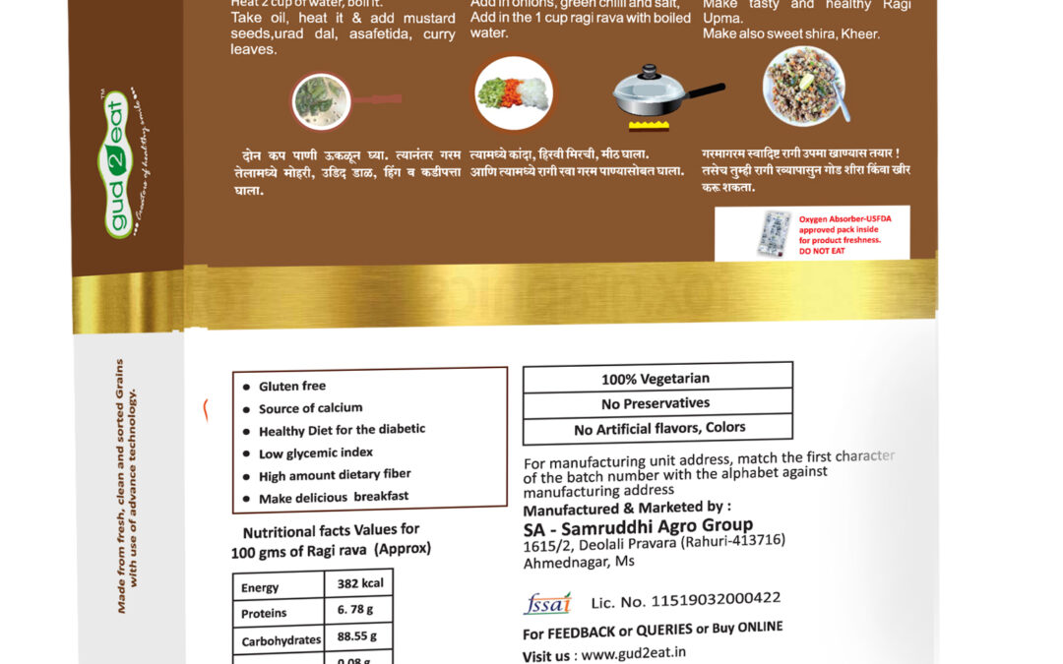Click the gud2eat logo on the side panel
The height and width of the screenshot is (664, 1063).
pyautogui.click(x=117, y=162)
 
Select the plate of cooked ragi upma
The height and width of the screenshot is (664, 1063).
pyautogui.click(x=803, y=86)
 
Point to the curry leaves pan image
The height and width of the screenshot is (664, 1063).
pyautogui.click(x=323, y=101)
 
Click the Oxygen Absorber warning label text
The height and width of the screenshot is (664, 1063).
pyautogui.click(x=840, y=233)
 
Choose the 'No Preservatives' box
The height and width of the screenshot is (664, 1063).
pyautogui.click(x=656, y=403)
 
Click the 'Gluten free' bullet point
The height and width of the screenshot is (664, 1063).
pyautogui.click(x=292, y=387)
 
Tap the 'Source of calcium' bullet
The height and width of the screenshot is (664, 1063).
pyautogui.click(x=310, y=408)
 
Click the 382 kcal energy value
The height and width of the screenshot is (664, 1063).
pyautogui.click(x=359, y=583)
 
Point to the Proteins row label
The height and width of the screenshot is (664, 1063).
pyautogui.click(x=264, y=614)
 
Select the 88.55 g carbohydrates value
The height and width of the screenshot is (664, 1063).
pyautogui.click(x=359, y=636)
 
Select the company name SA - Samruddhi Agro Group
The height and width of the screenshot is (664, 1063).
pyautogui.click(x=638, y=527)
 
